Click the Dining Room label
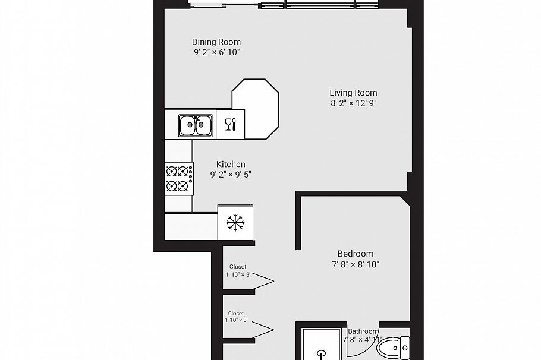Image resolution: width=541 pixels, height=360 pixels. tap(216, 42)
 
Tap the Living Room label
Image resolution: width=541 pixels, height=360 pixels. tap(353, 93)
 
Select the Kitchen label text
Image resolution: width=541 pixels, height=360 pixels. tap(231, 165)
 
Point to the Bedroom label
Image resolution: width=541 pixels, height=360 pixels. tap(355, 254)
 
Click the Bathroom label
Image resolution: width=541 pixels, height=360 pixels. tap(363, 331)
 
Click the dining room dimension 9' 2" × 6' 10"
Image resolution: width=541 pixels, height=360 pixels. tap(216, 52)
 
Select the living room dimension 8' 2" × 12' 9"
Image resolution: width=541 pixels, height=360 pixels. tap(353, 103)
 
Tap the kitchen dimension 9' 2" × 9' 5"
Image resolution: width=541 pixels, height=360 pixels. tap(231, 175)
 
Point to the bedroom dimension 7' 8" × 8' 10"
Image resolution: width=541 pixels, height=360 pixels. tap(355, 264)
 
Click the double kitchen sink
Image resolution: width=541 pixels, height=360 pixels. tap(196, 125)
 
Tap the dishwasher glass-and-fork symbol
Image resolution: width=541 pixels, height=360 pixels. tap(230, 124)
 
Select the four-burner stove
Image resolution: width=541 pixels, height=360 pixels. tap(179, 179)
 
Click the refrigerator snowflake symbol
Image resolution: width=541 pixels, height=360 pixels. tap(235, 223)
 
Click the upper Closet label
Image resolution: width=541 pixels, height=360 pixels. tap(237, 267)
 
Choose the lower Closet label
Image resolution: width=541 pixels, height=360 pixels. tap(236, 313)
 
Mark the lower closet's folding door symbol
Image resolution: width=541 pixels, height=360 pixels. tap(262, 327)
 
